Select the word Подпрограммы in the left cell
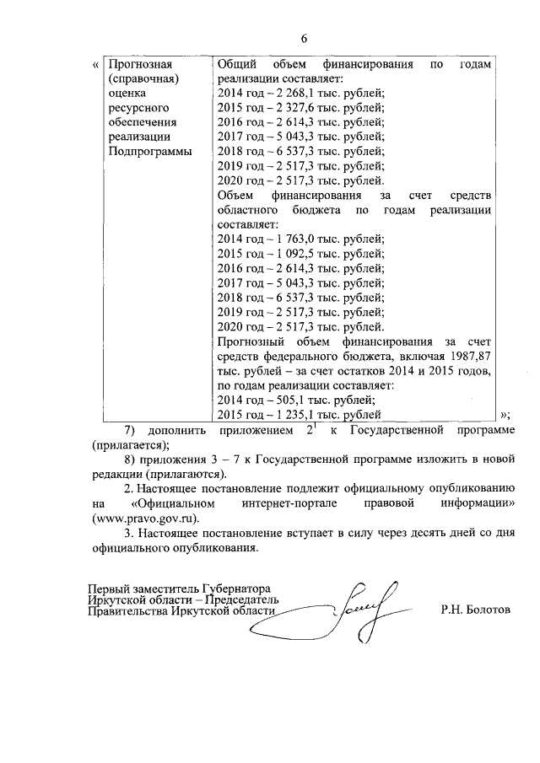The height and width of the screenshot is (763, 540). (150, 152)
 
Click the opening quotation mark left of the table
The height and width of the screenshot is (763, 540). (93, 65)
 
